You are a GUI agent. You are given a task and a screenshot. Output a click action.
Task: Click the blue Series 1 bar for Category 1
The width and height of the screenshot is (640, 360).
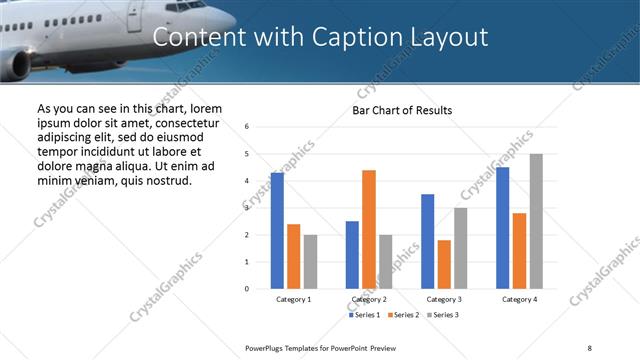277,231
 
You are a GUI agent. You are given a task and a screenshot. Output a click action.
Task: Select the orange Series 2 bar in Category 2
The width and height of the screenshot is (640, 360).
368,229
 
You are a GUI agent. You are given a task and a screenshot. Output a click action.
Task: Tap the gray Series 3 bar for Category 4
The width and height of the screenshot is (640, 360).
536,221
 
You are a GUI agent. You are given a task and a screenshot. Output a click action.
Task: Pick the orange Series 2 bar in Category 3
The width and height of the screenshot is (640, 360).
444,264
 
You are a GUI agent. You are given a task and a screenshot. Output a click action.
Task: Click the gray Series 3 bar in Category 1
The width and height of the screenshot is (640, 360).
310,262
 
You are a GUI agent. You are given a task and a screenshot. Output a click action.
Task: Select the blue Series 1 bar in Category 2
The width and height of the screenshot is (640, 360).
352,255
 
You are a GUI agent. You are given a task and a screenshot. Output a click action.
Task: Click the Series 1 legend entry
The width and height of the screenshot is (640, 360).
364,315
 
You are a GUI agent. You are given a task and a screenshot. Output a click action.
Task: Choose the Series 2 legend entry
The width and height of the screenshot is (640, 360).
402,315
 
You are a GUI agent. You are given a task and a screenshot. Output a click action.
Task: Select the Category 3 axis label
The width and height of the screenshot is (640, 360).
444,299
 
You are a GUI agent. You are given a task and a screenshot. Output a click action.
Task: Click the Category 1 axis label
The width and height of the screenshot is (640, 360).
294,299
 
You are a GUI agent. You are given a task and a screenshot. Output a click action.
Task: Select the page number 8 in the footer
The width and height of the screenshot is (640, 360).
589,346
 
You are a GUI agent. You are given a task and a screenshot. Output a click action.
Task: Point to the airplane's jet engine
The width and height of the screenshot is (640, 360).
17,64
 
